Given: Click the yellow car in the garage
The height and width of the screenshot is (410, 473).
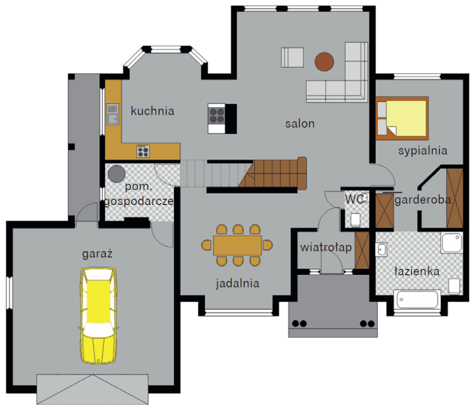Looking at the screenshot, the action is [x=99, y=315].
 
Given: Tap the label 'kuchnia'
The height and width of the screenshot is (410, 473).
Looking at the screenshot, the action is [x=153, y=111].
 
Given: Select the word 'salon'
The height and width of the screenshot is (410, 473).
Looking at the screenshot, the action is [x=300, y=123].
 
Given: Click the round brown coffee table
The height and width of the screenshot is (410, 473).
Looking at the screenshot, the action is [x=324, y=61].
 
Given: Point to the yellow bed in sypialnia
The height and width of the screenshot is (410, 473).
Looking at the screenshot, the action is [x=402, y=118].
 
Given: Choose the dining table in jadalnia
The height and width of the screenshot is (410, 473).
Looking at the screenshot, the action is [x=237, y=246].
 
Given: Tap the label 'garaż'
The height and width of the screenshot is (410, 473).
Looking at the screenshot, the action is [x=97, y=254].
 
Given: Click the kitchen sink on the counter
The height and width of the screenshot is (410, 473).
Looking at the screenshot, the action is [x=113, y=114].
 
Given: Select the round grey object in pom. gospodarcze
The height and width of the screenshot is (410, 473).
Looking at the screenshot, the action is [x=117, y=174].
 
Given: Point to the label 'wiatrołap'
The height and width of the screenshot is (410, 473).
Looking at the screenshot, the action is [x=326, y=247].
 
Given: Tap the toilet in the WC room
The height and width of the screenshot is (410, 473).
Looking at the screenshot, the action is [x=355, y=220].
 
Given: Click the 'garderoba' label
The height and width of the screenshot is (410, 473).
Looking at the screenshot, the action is [x=423, y=200].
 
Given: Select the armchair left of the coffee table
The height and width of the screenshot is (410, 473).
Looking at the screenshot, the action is [x=292, y=58].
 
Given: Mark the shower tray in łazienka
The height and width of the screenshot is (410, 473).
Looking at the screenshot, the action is [x=452, y=242].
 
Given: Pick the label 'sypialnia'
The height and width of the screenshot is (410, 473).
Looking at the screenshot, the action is [x=423, y=151].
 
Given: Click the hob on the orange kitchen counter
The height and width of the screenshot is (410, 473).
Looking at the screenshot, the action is [x=143, y=151].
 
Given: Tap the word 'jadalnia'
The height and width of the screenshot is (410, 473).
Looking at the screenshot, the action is [x=237, y=284].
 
